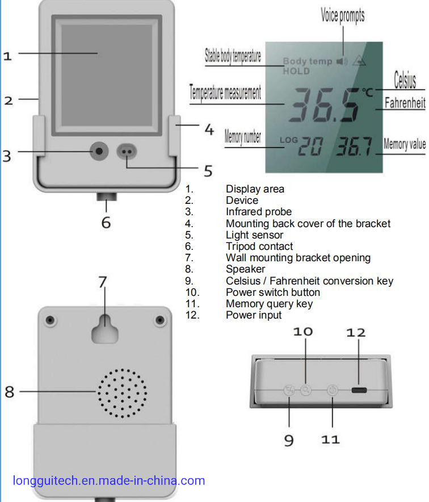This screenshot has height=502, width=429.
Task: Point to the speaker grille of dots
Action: [121, 392]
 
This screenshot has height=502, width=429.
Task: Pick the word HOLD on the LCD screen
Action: [296, 71]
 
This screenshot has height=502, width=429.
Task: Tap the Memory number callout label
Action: [243, 137]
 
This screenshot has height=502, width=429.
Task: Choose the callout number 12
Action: [356, 332]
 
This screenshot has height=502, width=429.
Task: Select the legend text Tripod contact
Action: [259, 246]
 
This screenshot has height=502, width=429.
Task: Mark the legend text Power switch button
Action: [273, 292]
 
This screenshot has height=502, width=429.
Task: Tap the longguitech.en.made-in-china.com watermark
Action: [108, 481]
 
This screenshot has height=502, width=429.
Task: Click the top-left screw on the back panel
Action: [50, 320]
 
